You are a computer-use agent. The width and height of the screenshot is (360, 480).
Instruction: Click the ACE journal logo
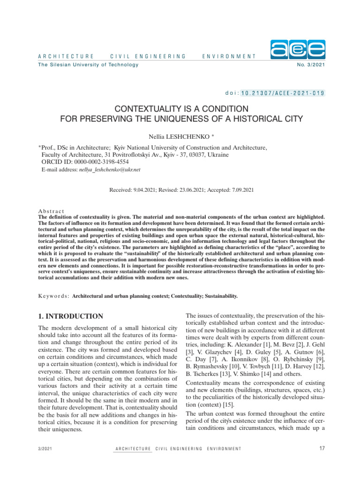(x=298, y=49)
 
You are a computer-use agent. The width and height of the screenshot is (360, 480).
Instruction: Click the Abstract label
(x=51, y=212)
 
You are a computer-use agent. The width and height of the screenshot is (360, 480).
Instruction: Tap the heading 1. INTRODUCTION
(x=70, y=316)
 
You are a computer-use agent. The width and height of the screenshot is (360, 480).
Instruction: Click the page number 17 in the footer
(x=322, y=449)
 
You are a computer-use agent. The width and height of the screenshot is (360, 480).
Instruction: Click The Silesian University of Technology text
(x=88, y=65)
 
